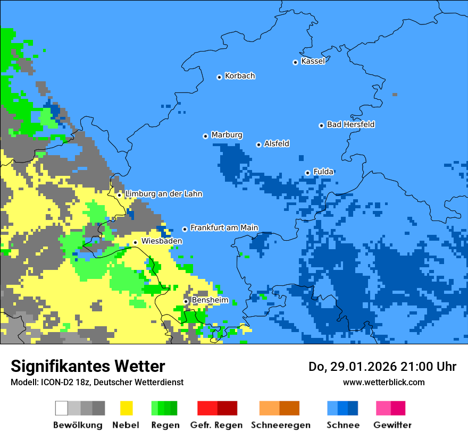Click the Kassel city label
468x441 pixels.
point(313,61)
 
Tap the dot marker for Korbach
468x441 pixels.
point(219,77)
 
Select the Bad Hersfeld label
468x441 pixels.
point(350,124)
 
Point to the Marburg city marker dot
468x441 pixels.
point(205,136)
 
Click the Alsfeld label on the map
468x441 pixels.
point(277,143)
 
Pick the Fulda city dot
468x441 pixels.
point(307,173)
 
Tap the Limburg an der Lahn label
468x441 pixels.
point(163,194)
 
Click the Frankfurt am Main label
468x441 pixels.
point(224,228)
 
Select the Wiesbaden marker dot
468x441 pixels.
point(135,242)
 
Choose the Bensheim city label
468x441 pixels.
point(210,300)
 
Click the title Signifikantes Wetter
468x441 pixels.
point(88,366)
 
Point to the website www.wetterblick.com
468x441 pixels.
point(383,382)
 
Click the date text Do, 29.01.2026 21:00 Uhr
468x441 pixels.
point(382,367)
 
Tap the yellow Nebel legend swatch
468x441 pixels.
point(127,408)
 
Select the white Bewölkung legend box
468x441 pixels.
point(62,408)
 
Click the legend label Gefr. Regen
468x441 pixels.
point(216,425)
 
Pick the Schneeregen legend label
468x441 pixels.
point(281,425)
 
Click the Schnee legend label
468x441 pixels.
point(342,425)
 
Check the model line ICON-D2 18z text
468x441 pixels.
point(97,383)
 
